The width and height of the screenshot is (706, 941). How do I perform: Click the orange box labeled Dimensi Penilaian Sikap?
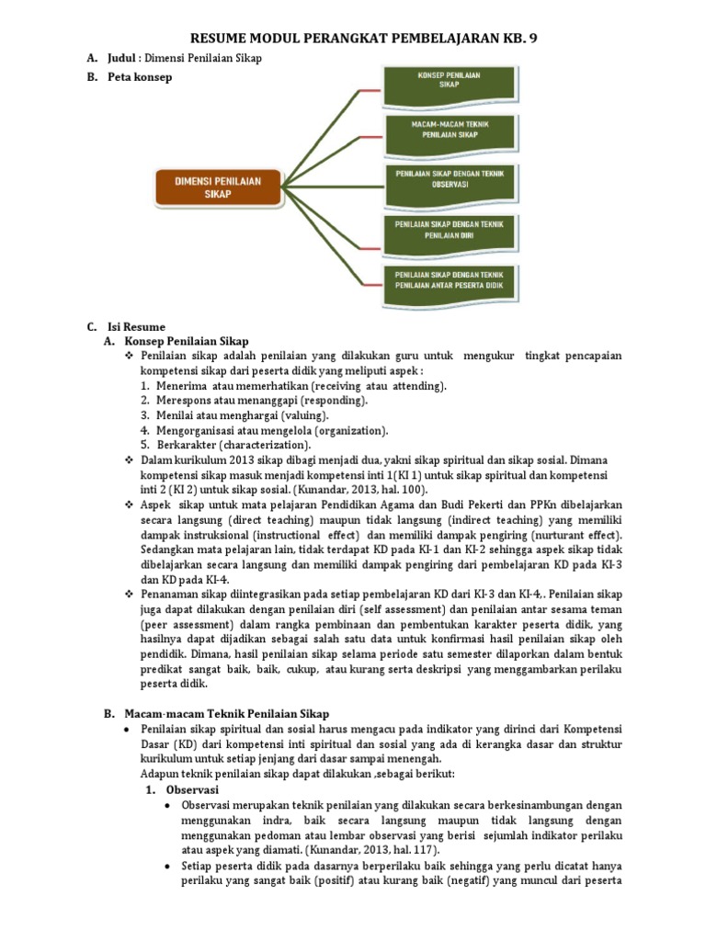[218, 187]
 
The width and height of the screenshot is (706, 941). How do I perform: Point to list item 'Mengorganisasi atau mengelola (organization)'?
[271, 430]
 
